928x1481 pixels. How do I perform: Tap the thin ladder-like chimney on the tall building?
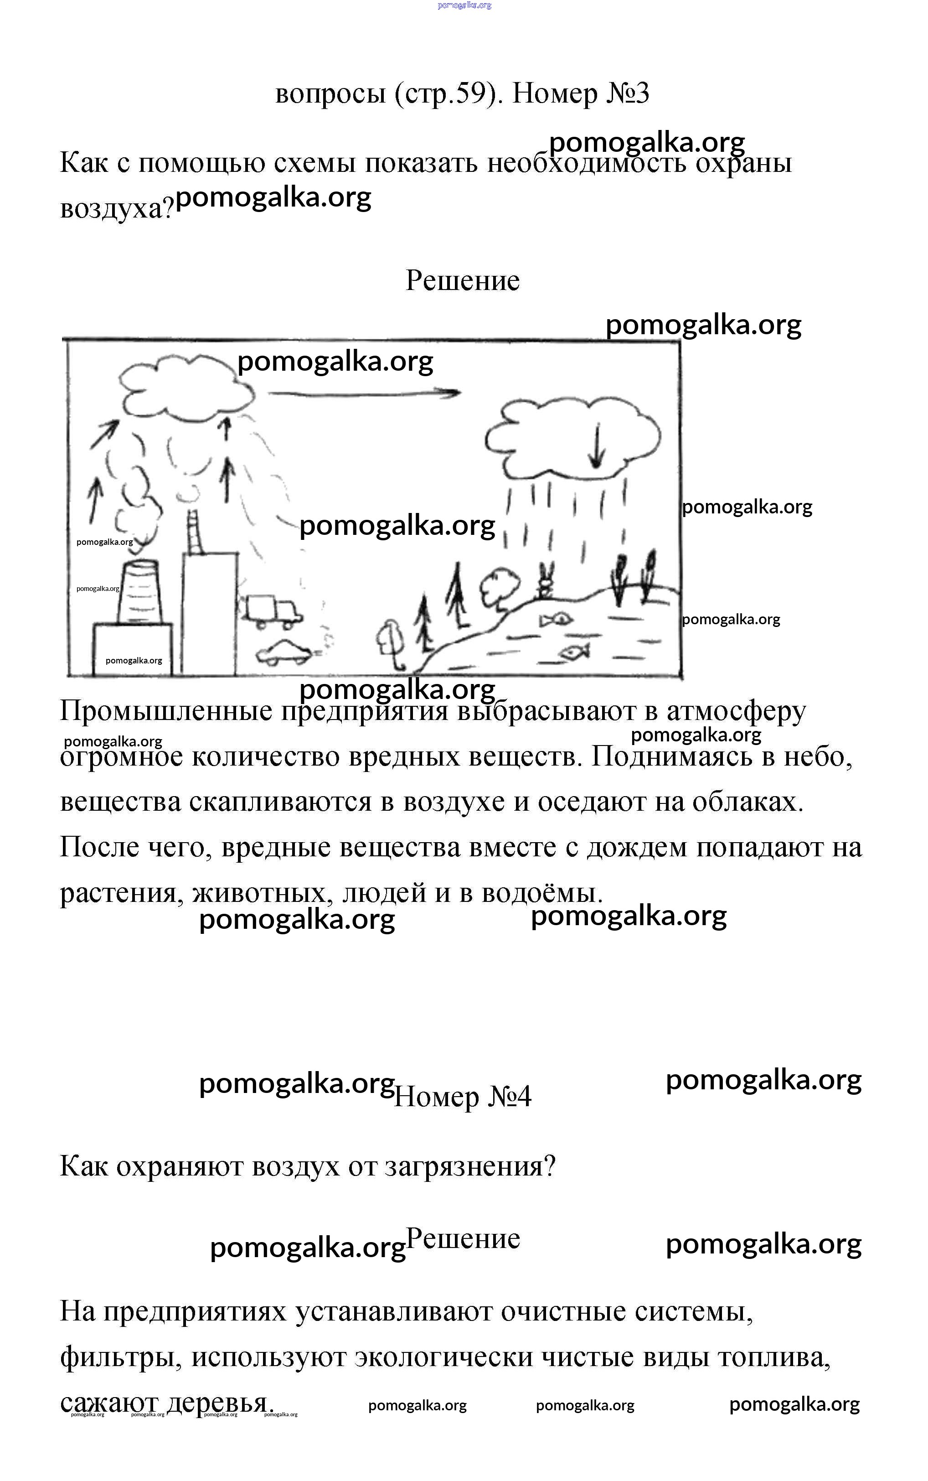click(195, 533)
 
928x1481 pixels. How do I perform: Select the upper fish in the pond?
click(556, 620)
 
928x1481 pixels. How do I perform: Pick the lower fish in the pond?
click(574, 652)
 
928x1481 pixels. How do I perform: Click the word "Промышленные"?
click(166, 711)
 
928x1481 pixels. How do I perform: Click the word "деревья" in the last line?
click(218, 1403)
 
